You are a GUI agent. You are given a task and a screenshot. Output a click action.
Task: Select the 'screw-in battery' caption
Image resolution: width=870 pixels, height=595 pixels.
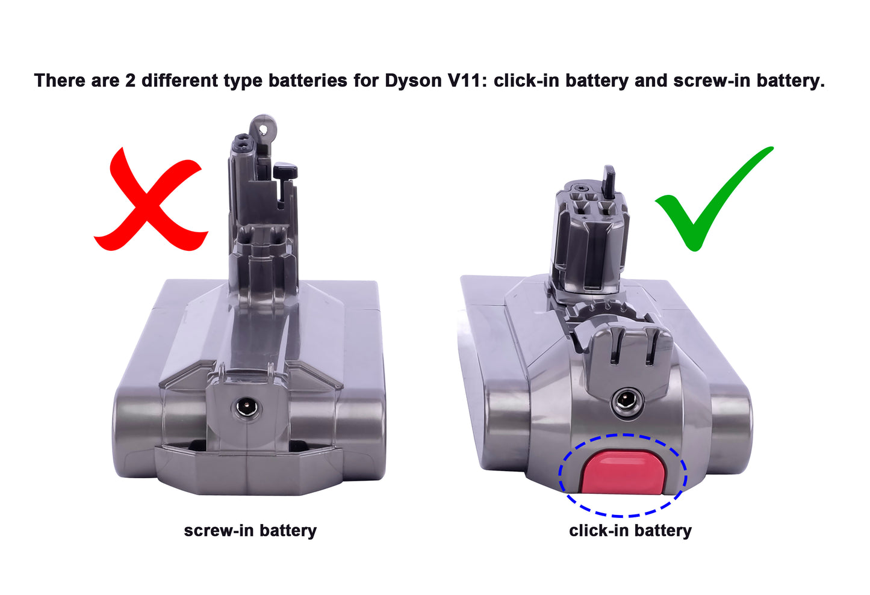(x=250, y=531)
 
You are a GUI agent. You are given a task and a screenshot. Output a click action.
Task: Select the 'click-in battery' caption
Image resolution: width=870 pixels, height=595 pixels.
(x=630, y=531)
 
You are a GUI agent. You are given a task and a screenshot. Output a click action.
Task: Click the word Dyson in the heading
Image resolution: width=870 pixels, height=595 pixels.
(x=413, y=81)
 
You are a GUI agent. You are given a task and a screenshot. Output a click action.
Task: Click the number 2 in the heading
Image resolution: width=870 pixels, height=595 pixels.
(x=130, y=81)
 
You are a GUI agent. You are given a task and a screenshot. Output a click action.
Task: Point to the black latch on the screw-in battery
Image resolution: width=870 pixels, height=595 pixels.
(x=285, y=171)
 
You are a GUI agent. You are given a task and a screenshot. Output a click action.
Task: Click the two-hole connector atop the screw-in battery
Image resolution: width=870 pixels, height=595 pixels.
(x=243, y=144)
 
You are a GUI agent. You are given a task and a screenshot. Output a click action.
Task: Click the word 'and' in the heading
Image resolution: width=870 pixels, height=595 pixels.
(x=651, y=81)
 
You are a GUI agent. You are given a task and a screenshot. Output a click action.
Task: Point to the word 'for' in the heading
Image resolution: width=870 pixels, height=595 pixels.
(x=366, y=81)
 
